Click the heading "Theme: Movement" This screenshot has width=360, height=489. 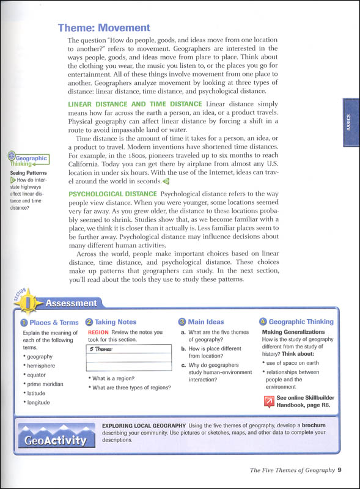(103, 28)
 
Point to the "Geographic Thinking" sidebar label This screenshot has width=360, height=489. (29, 160)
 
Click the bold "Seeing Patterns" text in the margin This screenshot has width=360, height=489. (29, 173)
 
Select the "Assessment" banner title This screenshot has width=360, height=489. (71, 303)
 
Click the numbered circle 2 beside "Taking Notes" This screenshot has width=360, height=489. (89, 322)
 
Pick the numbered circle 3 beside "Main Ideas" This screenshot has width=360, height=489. (182, 322)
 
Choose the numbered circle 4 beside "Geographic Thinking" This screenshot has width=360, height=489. (263, 322)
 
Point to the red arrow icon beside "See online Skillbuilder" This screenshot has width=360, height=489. (268, 401)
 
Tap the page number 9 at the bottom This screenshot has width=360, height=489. (339, 470)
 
